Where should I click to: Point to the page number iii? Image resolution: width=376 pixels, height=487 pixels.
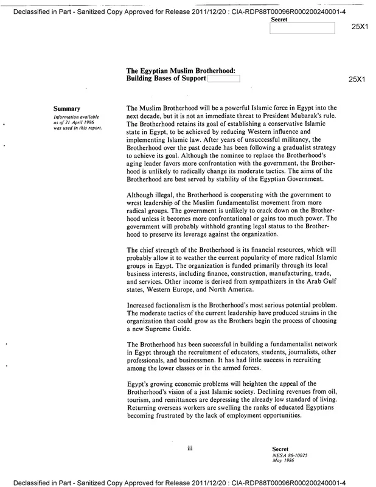pyautogui.click(x=190, y=448)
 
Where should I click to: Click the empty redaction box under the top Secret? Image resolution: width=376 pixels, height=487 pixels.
pyautogui.click(x=310, y=28)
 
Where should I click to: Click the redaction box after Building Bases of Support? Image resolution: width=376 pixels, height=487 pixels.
pyautogui.click(x=224, y=79)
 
